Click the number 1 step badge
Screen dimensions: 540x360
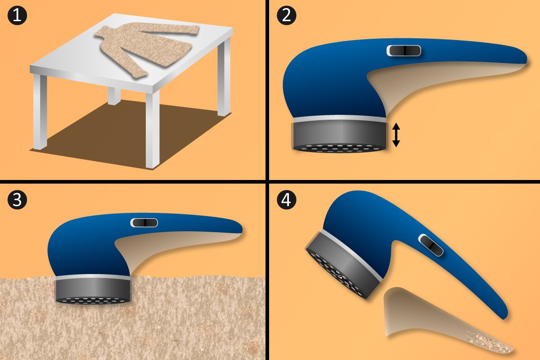(x=17, y=16)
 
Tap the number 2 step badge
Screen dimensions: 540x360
(x=286, y=16)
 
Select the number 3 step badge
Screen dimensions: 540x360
(x=17, y=200)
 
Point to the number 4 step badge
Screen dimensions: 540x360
(x=286, y=200)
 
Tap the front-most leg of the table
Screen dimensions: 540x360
(x=153, y=130)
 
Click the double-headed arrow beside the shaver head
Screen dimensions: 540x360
(x=396, y=135)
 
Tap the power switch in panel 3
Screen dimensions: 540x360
(x=144, y=223)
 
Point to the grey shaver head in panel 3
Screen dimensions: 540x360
(x=93, y=291)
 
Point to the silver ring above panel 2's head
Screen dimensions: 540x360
(x=340, y=119)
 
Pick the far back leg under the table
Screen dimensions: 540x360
(x=114, y=96)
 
